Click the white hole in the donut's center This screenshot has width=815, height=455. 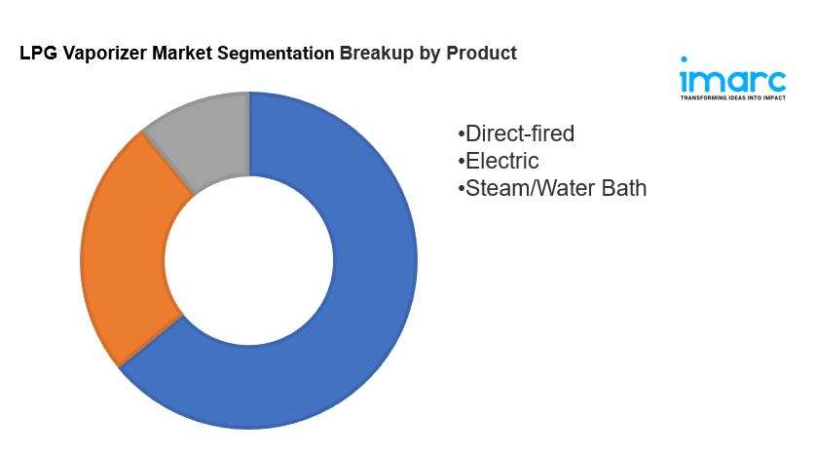[249, 260]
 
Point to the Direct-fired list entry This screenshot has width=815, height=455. [517, 133]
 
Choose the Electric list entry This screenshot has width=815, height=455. [499, 161]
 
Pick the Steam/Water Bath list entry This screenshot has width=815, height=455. [552, 188]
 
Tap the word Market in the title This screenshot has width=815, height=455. [182, 53]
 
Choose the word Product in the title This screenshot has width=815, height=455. [482, 53]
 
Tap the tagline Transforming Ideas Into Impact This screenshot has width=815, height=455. [733, 97]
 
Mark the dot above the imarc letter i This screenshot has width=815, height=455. [684, 59]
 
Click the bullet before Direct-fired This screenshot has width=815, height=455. [461, 134]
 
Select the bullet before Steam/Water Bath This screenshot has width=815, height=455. [461, 188]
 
